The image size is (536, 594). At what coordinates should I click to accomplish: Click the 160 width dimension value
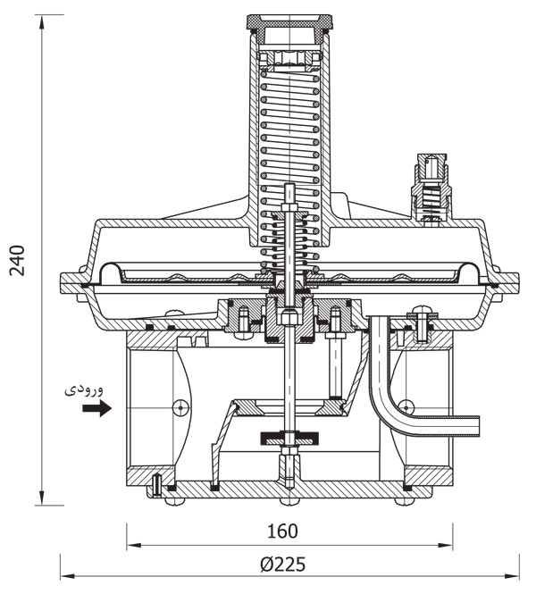click(282, 531)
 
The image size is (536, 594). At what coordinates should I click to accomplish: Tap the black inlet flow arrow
click(96, 408)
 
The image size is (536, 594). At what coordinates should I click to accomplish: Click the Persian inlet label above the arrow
click(88, 389)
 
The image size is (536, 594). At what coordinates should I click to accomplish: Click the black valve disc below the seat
click(289, 439)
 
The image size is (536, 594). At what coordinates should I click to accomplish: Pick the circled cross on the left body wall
click(180, 406)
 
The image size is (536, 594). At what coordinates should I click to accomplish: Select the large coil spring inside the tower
click(289, 134)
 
